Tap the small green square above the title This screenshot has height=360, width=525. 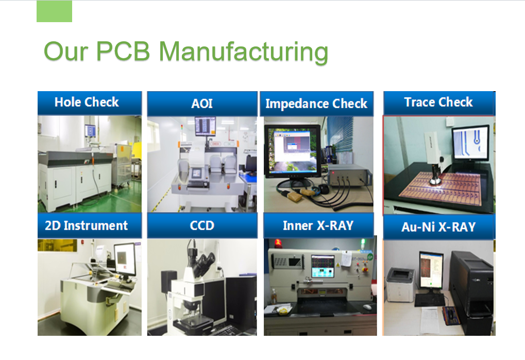coord(54,11)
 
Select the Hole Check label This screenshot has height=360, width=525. coord(87,102)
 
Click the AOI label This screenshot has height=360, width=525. coord(202,104)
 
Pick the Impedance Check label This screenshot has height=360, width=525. coord(316,104)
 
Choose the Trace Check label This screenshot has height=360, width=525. coord(438,102)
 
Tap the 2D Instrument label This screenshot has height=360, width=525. coord(87,226)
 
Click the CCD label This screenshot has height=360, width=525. coord(202,226)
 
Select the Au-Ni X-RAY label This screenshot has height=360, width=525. coord(438,227)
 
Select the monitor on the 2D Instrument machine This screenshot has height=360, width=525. coord(124,259)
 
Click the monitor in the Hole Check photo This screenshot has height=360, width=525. coord(91,131)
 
